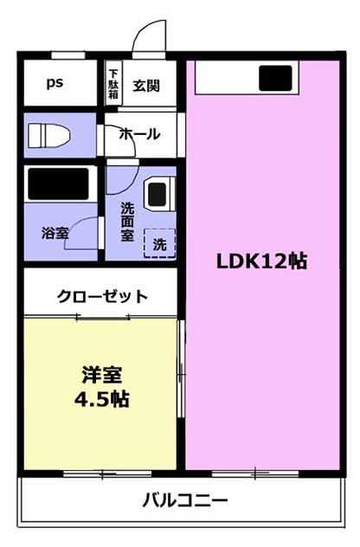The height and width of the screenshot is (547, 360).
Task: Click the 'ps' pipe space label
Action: (x=55, y=83)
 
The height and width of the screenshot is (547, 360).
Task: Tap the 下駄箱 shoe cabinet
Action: (x=113, y=83)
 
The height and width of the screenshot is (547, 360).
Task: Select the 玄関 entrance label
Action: (x=146, y=86)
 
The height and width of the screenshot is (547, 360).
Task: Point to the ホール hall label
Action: (x=139, y=134)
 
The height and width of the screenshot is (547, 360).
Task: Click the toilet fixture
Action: (x=48, y=135)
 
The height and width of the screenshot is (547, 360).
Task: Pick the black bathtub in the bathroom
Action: (x=58, y=183)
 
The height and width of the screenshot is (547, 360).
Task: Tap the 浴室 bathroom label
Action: (x=55, y=233)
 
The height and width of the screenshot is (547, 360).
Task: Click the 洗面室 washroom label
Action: (x=127, y=222)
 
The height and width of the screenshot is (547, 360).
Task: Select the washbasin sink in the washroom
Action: (x=159, y=194)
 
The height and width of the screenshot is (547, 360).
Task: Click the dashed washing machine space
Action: (x=159, y=243)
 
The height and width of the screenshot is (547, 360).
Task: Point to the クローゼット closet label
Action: (x=103, y=297)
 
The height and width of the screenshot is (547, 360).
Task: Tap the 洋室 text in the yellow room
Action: (x=102, y=375)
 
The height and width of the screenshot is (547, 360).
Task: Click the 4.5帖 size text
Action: (x=102, y=400)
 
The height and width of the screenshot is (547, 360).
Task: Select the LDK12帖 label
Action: (x=262, y=261)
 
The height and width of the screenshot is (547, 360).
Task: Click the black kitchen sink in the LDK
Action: (x=275, y=78)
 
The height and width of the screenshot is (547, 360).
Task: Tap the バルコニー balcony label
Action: (x=185, y=500)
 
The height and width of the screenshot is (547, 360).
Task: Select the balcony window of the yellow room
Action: (x=108, y=473)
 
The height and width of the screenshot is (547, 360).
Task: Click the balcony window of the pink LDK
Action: (x=255, y=473)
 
